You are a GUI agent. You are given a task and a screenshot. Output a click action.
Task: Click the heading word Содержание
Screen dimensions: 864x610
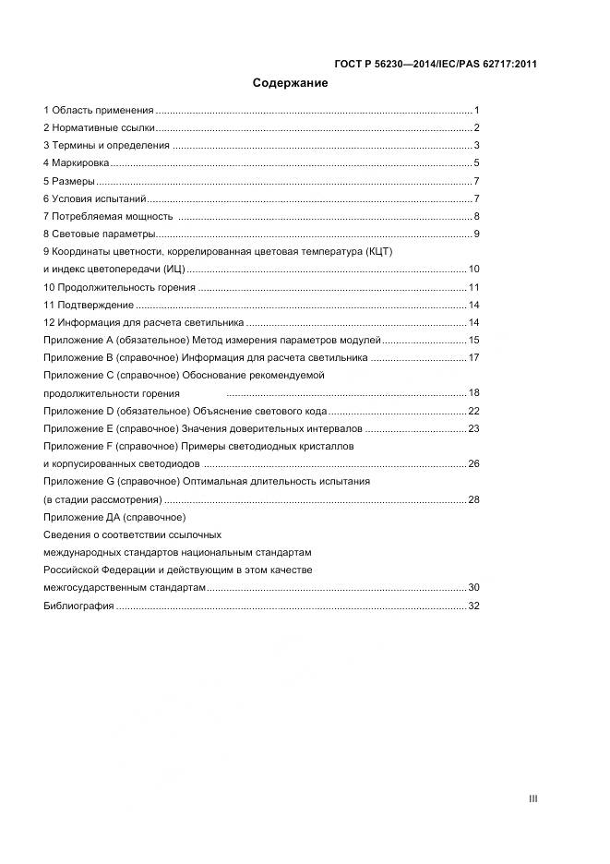290,83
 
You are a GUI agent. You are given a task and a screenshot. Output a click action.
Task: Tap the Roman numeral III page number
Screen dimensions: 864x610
532,798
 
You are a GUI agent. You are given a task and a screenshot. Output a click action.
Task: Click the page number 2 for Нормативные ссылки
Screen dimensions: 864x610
476,128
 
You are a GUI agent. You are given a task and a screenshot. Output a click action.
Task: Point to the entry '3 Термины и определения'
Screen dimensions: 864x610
106,146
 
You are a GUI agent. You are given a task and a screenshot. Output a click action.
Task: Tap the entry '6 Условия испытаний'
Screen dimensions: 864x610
94,198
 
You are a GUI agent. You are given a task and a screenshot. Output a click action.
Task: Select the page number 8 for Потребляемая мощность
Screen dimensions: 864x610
476,216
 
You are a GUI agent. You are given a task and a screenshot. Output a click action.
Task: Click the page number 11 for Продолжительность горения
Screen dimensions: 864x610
473,287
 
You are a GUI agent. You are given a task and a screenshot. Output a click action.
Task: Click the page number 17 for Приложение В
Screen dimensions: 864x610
473,357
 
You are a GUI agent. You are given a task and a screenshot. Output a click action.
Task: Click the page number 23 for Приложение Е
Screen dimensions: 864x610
473,428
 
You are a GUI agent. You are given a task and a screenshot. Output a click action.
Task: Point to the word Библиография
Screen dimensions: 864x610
78,606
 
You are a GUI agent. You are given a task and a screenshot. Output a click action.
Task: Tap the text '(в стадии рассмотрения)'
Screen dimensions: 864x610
102,499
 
